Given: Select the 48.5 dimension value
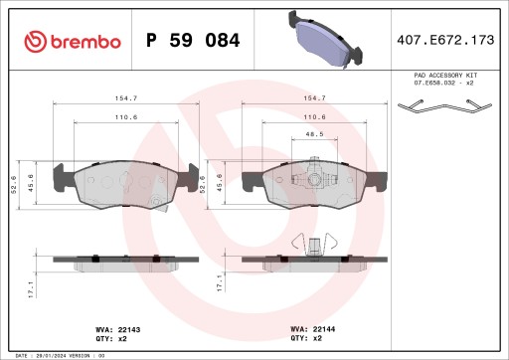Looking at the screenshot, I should (314, 132).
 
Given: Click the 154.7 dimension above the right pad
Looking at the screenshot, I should (314, 99).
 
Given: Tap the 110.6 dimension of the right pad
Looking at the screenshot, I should (314, 116).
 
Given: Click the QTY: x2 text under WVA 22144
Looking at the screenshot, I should (305, 338).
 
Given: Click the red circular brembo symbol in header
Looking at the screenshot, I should (36, 42).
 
